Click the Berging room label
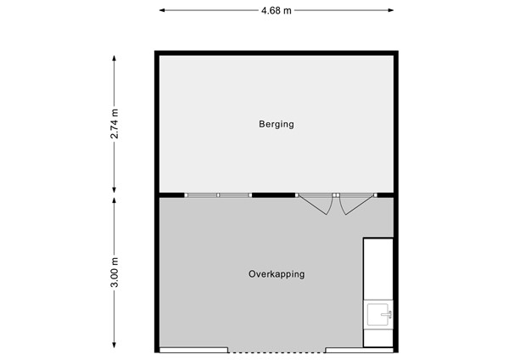pyautogui.click(x=277, y=125)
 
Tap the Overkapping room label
pyautogui.click(x=277, y=274)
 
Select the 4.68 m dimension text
pyautogui.click(x=277, y=11)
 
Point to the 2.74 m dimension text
pyautogui.click(x=115, y=124)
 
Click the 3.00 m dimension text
pyautogui.click(x=115, y=273)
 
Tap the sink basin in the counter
pyautogui.click(x=378, y=314)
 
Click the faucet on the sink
pyautogui.click(x=387, y=314)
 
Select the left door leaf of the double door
pyautogui.click(x=313, y=204)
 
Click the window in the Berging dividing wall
pyautogui.click(x=218, y=195)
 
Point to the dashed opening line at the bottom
pyautogui.click(x=277, y=352)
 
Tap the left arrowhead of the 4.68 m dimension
pyautogui.click(x=162, y=10)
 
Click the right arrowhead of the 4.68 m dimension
pyautogui.click(x=390, y=10)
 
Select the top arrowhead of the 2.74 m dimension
pyautogui.click(x=114, y=58)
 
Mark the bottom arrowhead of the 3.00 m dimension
pyautogui.click(x=114, y=345)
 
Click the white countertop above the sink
pyautogui.click(x=378, y=269)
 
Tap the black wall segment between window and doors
pyautogui.click(x=273, y=195)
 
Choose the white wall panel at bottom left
pyautogui.click(x=193, y=350)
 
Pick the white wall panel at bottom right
pyautogui.click(x=360, y=350)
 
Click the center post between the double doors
pyautogui.click(x=336, y=195)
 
